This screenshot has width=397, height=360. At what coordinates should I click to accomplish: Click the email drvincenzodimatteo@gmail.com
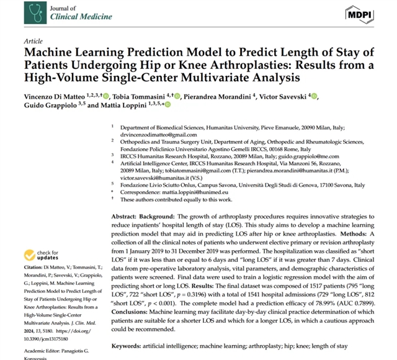coord(159,134)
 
